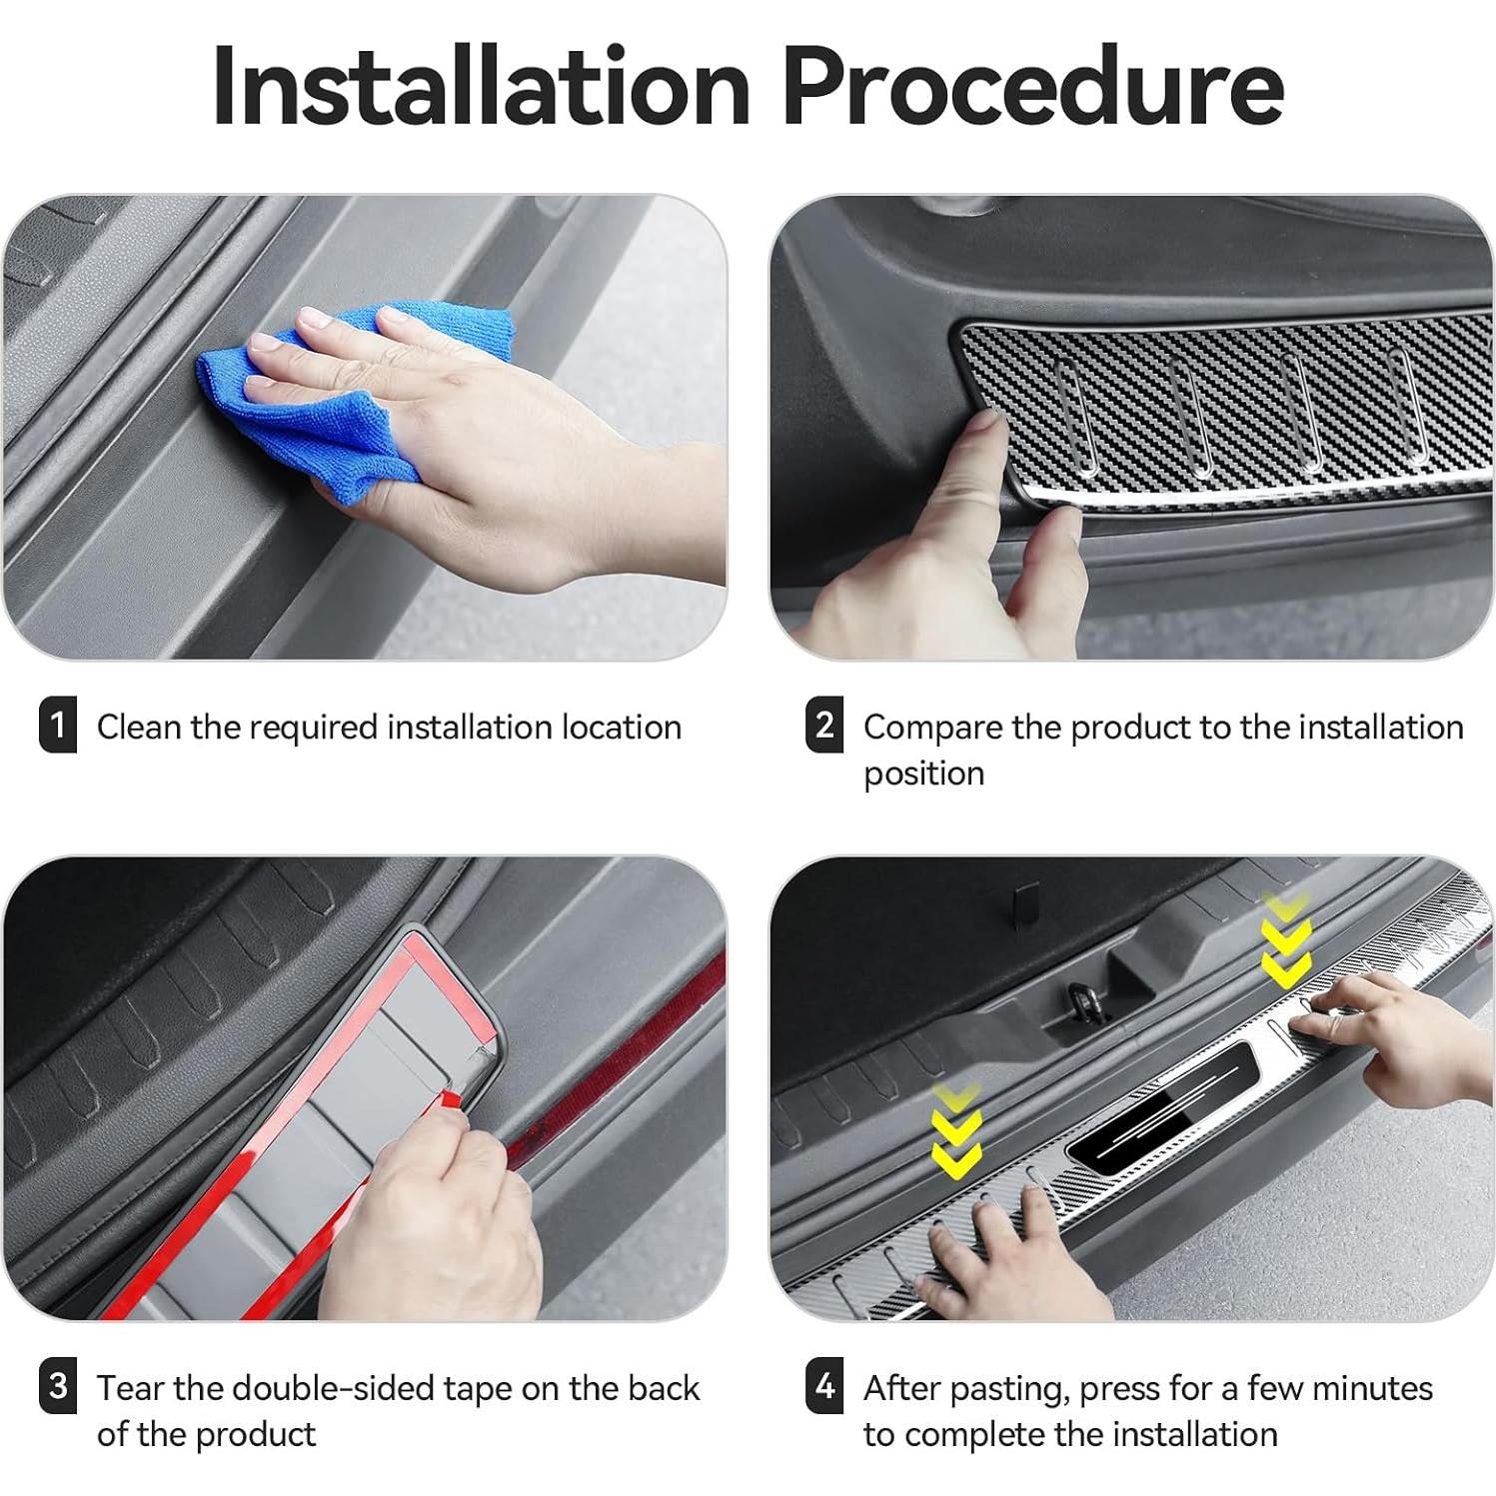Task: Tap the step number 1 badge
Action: [58, 726]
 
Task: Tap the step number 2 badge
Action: [824, 726]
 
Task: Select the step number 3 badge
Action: [58, 1386]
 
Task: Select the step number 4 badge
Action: [824, 1386]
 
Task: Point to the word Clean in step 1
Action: [139, 728]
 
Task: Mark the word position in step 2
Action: [923, 774]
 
